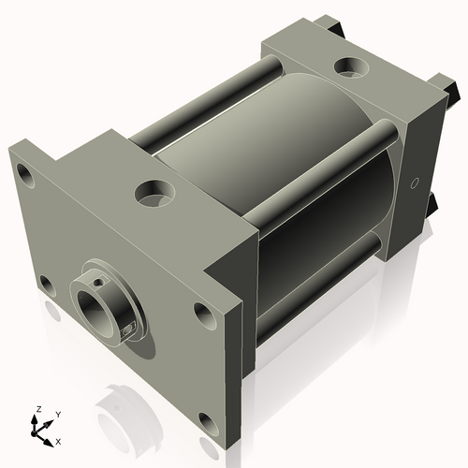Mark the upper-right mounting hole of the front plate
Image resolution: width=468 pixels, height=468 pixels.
202,312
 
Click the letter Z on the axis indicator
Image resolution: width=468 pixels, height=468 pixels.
37,409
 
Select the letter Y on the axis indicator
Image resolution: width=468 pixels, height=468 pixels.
57,413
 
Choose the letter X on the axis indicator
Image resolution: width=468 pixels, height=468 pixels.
59,439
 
